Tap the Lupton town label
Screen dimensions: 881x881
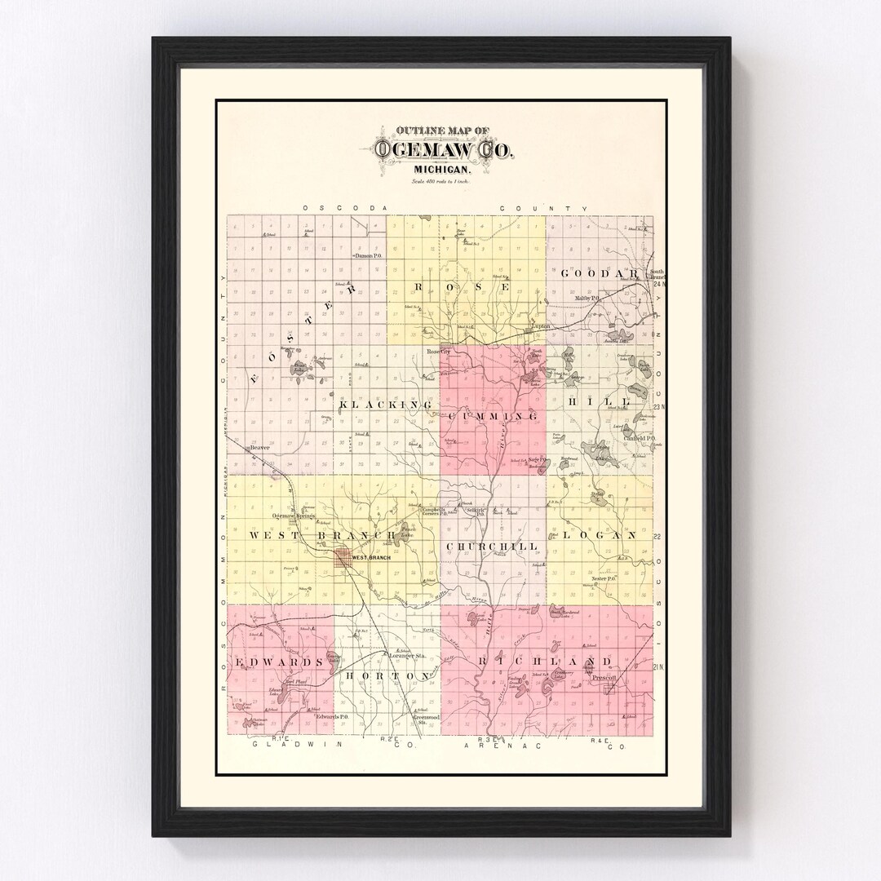(x=541, y=328)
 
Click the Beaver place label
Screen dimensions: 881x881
(x=259, y=448)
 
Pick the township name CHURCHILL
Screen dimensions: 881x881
(x=492, y=546)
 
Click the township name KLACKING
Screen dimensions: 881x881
(x=384, y=405)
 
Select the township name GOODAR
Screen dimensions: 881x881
(x=599, y=273)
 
